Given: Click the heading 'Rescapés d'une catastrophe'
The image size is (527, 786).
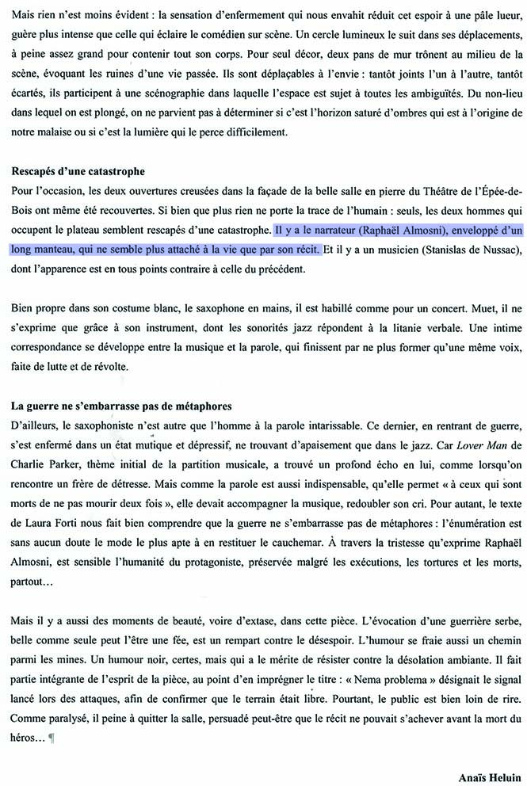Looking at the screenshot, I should tap(78, 172).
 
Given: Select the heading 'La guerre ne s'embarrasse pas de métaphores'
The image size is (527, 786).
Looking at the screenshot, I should tap(121, 406).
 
